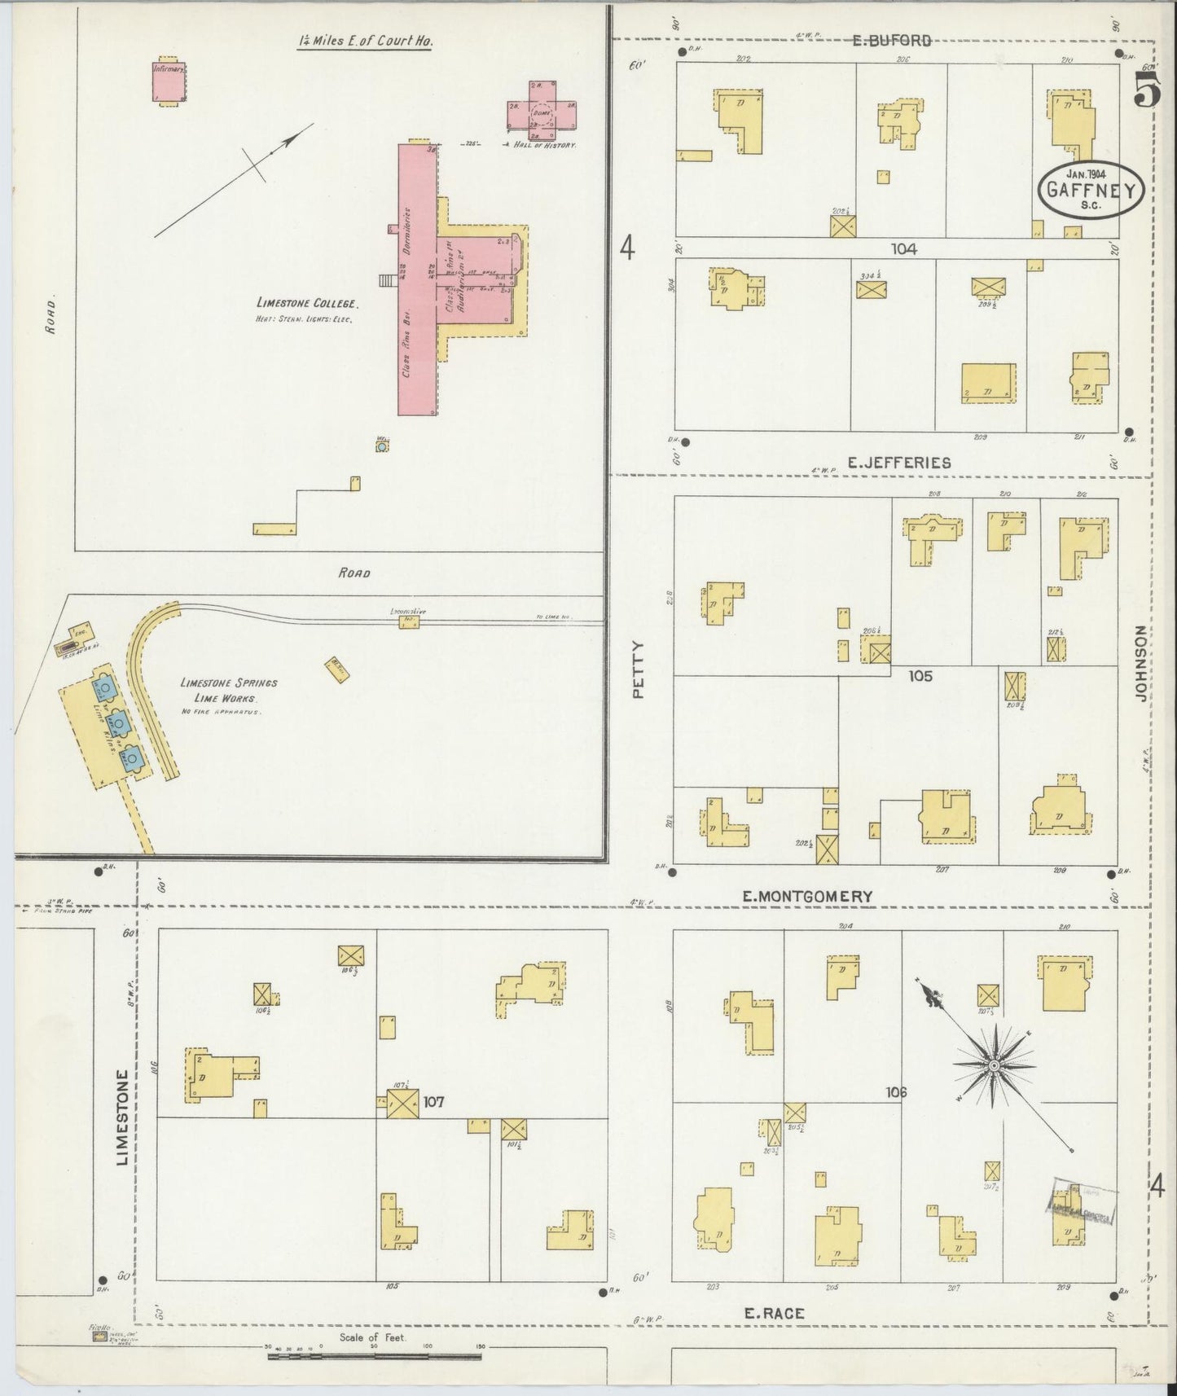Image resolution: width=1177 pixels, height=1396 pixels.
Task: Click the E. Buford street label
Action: pos(891,40)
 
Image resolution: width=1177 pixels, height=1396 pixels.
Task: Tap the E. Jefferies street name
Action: pos(898,463)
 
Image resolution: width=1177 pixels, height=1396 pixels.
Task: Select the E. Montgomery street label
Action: pos(807,896)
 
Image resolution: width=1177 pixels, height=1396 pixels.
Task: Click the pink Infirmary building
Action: pos(169,81)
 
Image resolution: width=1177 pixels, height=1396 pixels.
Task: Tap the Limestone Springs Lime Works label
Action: pos(229,691)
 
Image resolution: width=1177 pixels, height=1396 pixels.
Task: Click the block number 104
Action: pos(903,249)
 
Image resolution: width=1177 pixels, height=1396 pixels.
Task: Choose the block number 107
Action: pos(433,1102)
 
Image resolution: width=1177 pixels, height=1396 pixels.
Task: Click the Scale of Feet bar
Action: pos(374,1356)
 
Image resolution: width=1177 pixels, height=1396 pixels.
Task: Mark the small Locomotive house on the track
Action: pos(408,622)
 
